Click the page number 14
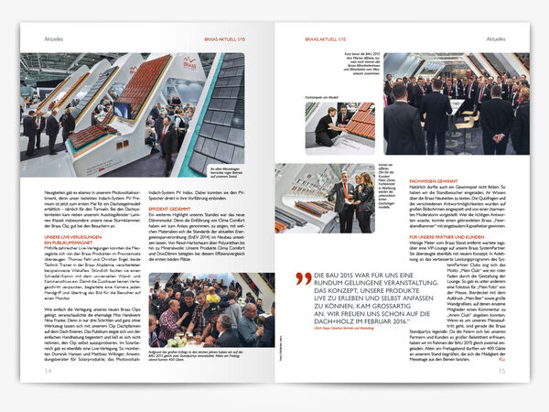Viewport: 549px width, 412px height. click(x=47, y=371)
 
